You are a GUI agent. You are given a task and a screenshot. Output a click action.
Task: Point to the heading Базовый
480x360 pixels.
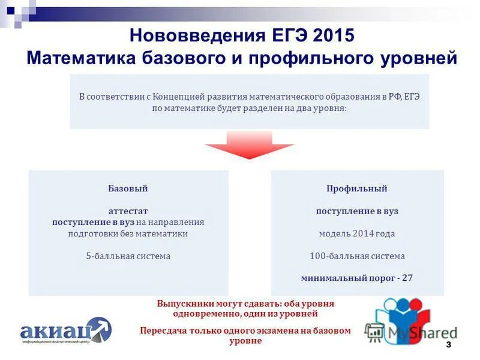(x=128, y=188)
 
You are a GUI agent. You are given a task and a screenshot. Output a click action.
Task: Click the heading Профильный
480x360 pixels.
(x=357, y=188)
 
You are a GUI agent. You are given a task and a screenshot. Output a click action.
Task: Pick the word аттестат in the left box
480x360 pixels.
(x=128, y=211)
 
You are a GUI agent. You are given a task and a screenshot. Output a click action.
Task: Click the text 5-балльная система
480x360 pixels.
(x=128, y=256)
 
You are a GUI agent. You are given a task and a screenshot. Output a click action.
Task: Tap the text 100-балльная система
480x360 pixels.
(x=357, y=256)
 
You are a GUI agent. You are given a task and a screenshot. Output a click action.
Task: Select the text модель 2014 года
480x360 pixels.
(x=357, y=233)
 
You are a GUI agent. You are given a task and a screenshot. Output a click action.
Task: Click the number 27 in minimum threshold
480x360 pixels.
(x=407, y=278)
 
